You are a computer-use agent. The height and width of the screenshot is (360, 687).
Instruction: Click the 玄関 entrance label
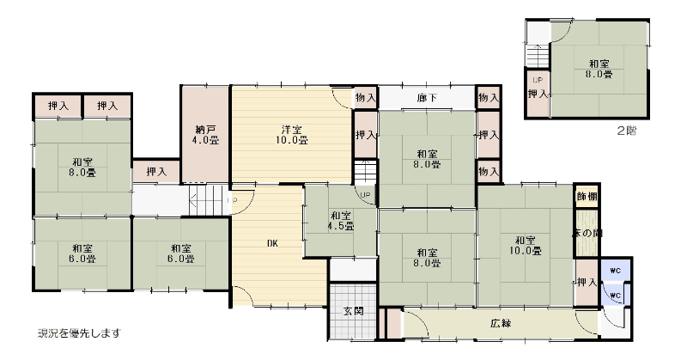coord(353,311)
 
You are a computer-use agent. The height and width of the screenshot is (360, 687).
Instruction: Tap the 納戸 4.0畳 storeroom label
coord(205,135)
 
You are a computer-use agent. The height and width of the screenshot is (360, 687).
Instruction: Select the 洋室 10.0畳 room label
coord(291,135)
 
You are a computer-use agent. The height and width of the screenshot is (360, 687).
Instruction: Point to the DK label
coord(272,243)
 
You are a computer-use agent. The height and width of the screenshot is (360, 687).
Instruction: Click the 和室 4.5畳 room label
coord(340,221)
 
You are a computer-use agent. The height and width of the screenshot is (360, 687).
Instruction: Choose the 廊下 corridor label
coord(427,97)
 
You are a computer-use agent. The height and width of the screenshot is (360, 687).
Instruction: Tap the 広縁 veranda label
coord(501,324)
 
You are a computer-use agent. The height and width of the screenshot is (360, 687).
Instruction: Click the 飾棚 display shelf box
coord(587,196)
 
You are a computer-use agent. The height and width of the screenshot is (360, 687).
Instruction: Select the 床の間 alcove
coord(587,233)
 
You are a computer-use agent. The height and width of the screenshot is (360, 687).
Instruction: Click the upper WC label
coord(615,271)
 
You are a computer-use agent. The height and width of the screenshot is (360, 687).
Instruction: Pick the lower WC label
coord(615,296)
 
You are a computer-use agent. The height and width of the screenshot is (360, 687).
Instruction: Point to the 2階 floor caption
coord(627,131)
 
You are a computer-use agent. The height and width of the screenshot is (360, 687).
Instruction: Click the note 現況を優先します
coord(79,333)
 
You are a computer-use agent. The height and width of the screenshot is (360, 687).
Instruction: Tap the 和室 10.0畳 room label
coord(526,246)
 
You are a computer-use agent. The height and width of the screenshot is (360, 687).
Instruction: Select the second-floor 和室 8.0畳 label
coord(599,69)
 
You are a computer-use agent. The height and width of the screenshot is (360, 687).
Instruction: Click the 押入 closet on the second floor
coord(538,94)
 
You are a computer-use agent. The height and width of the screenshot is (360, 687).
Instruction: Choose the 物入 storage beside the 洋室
coord(366,97)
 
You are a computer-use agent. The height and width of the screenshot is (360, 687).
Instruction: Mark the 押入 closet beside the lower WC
coord(587,283)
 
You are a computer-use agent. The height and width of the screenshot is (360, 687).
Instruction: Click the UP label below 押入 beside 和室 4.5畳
coord(366,195)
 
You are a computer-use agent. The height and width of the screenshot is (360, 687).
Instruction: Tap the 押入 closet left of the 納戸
coord(156,172)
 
